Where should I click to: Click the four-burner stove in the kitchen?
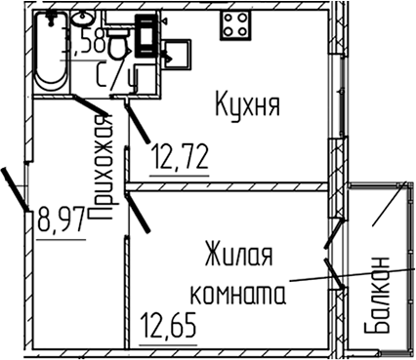(235, 25)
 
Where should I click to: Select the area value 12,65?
(169, 322)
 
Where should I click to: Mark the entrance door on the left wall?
(16, 187)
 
